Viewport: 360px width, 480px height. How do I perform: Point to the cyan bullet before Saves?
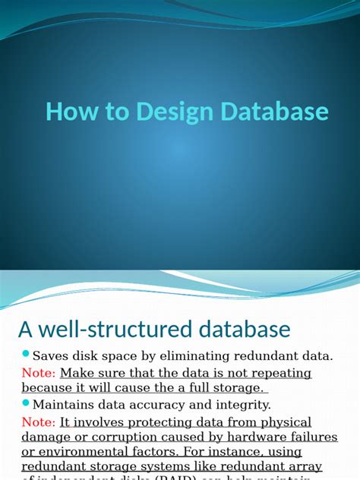tap(25, 354)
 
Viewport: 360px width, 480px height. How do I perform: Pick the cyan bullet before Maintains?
tap(25, 403)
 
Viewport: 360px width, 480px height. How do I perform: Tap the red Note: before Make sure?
tap(38, 373)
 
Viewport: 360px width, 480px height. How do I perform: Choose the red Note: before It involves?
tap(38, 422)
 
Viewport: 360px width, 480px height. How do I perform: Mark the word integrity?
tap(242, 405)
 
